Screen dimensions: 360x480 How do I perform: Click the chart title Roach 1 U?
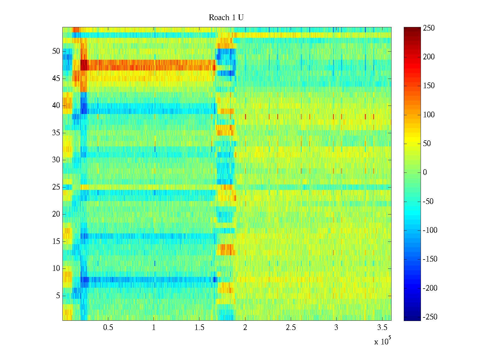pos(226,18)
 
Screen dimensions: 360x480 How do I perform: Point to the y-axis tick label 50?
pos(56,51)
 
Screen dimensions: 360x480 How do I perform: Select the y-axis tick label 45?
pos(56,79)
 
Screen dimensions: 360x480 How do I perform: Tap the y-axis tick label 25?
pos(56,187)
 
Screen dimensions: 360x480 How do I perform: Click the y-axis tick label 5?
pos(58,296)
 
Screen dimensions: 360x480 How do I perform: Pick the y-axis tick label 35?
pos(56,133)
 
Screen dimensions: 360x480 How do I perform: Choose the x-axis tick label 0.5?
pos(108,328)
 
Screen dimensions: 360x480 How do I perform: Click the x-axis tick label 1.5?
pos(199,328)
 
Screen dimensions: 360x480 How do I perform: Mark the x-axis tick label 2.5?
pos(291,328)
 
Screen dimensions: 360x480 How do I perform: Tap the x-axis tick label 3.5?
pos(382,328)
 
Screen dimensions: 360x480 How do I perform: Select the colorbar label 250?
pos(429,28)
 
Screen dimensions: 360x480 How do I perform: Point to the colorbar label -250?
pos(430,317)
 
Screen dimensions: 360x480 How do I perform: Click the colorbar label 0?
pos(425,172)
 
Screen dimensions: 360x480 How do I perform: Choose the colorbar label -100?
pos(430,230)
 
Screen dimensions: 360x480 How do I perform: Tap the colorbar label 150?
pos(429,86)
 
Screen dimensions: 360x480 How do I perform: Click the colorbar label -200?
pos(430,288)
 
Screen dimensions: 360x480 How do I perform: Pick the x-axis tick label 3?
pos(336,328)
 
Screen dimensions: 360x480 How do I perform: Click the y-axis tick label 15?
pos(56,241)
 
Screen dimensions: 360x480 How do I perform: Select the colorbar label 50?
pos(427,144)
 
